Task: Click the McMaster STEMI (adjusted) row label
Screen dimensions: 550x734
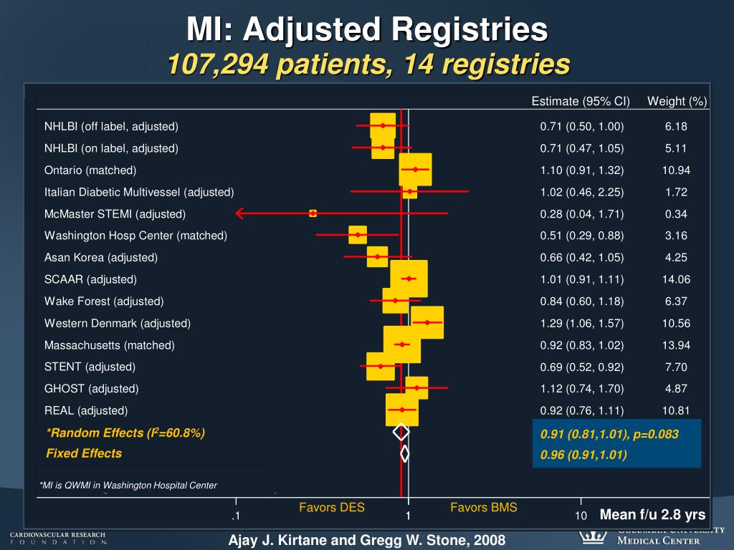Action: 115,214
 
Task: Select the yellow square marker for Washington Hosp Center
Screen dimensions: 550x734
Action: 357,235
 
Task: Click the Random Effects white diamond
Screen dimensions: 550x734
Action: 401,432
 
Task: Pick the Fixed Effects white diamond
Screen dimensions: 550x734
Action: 405,453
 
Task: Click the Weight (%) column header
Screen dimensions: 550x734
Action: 677,101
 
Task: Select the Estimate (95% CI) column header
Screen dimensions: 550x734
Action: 581,101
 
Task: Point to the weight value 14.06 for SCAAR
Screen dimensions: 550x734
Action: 676,279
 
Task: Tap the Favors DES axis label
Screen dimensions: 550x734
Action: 332,508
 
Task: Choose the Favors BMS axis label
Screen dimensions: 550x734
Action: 484,508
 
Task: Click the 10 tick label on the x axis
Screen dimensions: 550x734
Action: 581,516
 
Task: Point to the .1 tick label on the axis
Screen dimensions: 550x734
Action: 234,516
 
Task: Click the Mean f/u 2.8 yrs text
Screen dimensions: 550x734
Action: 652,514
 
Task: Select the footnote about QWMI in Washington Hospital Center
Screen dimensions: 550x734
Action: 128,486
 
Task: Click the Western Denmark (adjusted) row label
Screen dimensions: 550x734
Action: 118,323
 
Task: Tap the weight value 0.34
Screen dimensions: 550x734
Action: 676,214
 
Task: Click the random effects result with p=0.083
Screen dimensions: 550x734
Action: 609,434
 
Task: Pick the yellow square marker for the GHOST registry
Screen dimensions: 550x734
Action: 416,388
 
